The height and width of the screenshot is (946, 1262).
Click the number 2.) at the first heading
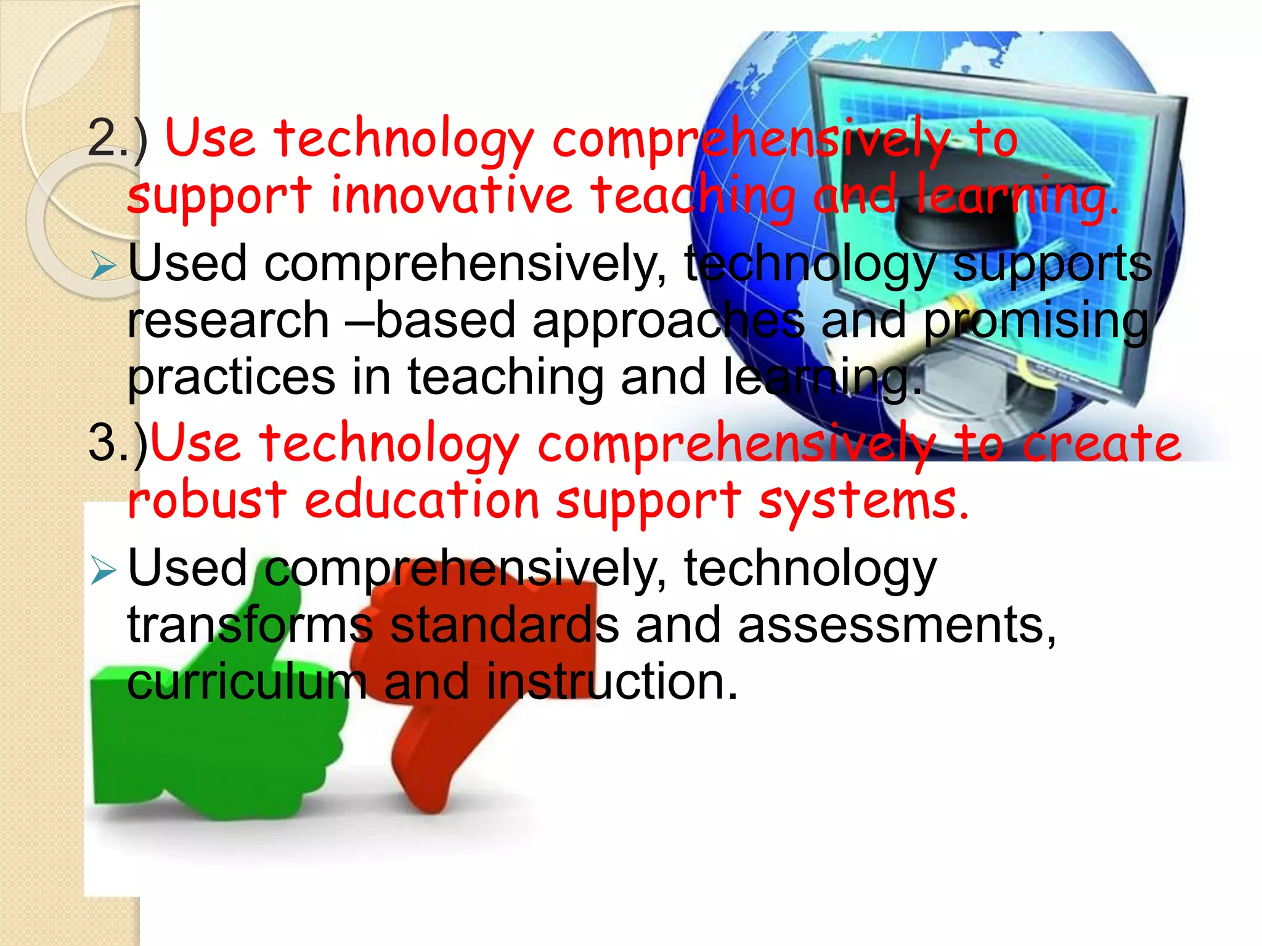pyautogui.click(x=117, y=139)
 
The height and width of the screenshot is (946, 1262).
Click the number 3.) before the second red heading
pyautogui.click(x=118, y=443)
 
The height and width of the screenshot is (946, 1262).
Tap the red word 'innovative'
pyautogui.click(x=452, y=195)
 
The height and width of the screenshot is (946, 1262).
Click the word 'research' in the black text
pyautogui.click(x=228, y=320)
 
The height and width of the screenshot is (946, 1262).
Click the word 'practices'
pyautogui.click(x=231, y=378)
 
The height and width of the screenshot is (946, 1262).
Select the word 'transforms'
pyautogui.click(x=250, y=625)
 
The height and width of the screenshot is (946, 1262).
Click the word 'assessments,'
pyautogui.click(x=897, y=625)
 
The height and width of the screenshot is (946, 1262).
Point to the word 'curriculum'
pyautogui.click(x=246, y=682)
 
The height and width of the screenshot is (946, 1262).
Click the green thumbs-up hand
pyautogui.click(x=216, y=739)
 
